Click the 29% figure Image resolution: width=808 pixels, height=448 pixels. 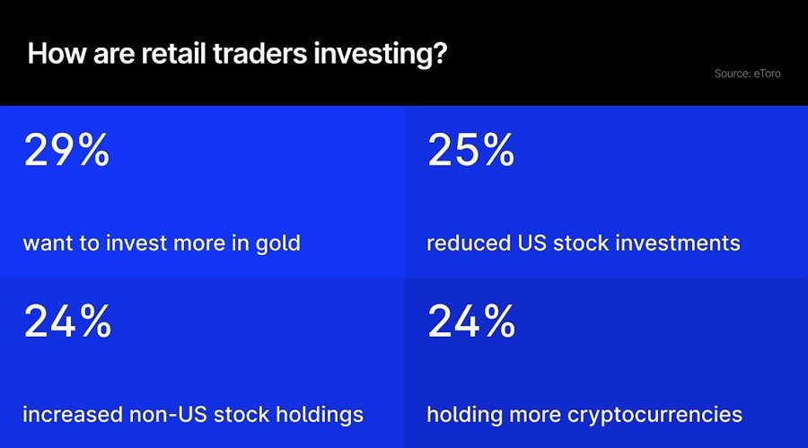coord(66,151)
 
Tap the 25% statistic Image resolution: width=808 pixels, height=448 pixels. coord(471,151)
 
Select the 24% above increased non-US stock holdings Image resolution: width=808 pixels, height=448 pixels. coord(66,322)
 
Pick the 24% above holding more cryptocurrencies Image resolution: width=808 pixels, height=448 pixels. coord(471,322)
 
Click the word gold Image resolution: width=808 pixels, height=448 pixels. coord(280,244)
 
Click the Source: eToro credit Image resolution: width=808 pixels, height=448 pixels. coord(747,74)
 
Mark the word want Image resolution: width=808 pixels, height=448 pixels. coord(46,244)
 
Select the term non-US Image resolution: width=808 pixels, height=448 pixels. coord(171,415)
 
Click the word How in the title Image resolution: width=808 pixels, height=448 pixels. coord(51,53)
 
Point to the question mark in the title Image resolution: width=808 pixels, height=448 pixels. coord(439,53)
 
